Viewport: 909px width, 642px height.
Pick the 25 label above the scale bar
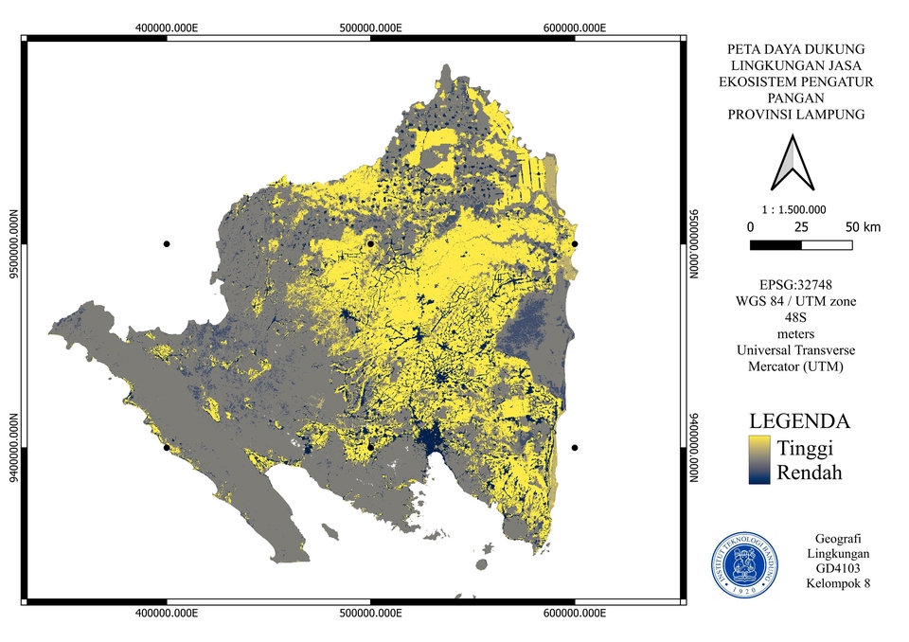[801, 227]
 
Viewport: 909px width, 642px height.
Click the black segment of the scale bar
[775, 245]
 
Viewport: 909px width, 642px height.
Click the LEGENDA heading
[798, 421]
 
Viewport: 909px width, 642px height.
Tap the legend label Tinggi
[804, 447]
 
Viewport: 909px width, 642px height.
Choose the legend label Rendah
[809, 472]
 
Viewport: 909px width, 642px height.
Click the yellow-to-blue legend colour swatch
[758, 460]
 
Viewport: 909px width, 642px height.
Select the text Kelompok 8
[838, 583]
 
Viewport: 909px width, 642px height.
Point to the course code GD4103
[838, 568]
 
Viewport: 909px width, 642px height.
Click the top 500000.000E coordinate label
[370, 28]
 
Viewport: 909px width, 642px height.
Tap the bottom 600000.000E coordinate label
[574, 614]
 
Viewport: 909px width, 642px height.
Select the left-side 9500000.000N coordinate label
[12, 244]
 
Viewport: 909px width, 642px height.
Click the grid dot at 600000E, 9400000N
[575, 447]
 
